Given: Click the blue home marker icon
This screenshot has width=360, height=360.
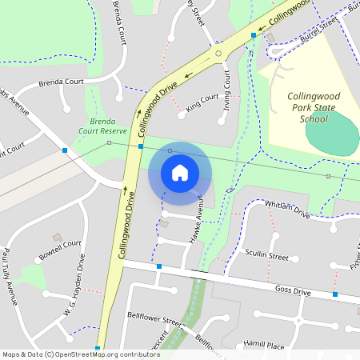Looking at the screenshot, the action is (x=179, y=173).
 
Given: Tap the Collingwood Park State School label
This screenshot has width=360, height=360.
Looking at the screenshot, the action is (x=313, y=107).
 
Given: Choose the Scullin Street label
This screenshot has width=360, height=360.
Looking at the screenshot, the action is (x=267, y=256).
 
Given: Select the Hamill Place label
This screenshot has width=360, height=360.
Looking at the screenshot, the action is (x=264, y=345).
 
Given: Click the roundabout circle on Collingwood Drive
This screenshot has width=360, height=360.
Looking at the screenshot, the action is (x=217, y=54).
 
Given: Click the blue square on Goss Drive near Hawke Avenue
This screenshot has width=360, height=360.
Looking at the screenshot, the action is (x=159, y=266).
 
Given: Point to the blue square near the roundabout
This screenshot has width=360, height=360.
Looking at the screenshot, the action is (x=253, y=35).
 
